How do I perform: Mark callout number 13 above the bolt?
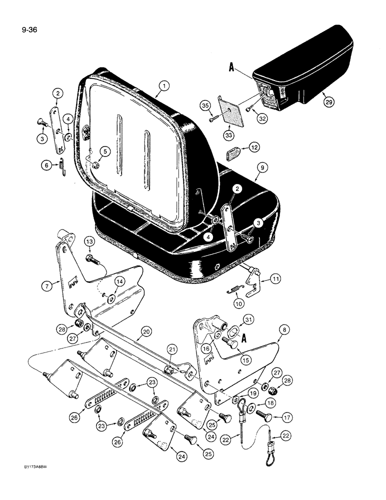tap(89, 242)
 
